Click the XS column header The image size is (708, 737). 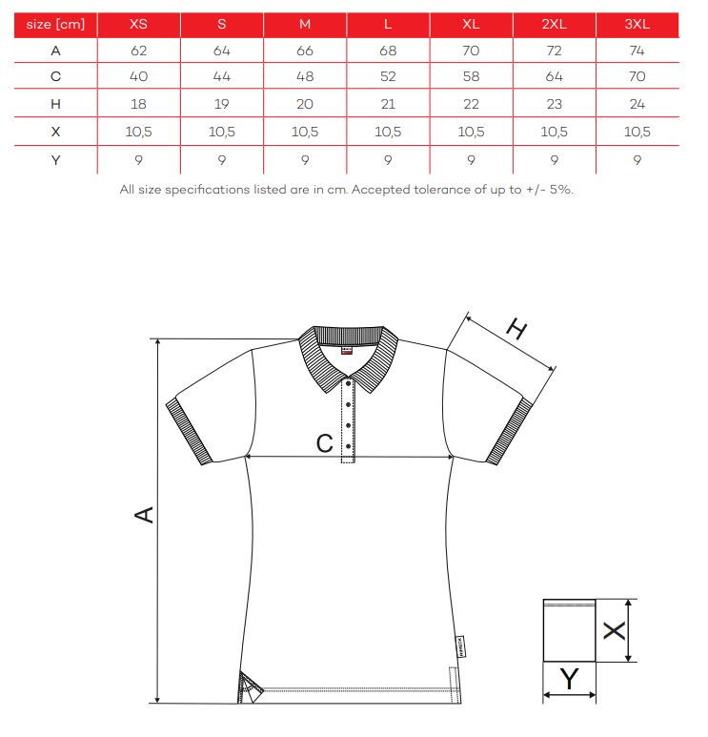pos(138,24)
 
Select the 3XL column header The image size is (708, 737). pos(637,24)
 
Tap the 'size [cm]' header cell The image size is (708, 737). pos(55,24)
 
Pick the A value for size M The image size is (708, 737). pos(305,51)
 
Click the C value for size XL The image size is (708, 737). pos(472,77)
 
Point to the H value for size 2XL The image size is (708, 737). pos(555,104)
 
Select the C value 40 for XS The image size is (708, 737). pos(138,77)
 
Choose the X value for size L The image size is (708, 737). pos(388,132)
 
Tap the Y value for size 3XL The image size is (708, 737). pos(637,159)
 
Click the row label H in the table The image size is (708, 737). pos(55,104)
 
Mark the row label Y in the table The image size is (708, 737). pos(55,159)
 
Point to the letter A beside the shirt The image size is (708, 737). pos(144,516)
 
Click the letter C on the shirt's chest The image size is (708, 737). pos(324,442)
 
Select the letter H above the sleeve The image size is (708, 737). pos(516,331)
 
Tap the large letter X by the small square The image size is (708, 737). pos(616,630)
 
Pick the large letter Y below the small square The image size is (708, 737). pos(569,680)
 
